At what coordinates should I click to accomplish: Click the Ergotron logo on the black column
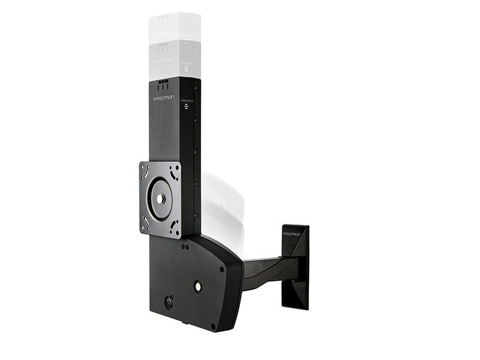[x=164, y=97]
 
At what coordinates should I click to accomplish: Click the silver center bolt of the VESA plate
[x=161, y=199]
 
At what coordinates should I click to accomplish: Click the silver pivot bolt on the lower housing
[x=197, y=287]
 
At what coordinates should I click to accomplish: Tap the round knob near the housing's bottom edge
[x=169, y=303]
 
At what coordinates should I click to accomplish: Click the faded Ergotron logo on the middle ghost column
[x=164, y=61]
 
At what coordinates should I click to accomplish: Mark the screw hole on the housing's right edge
[x=223, y=269]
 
